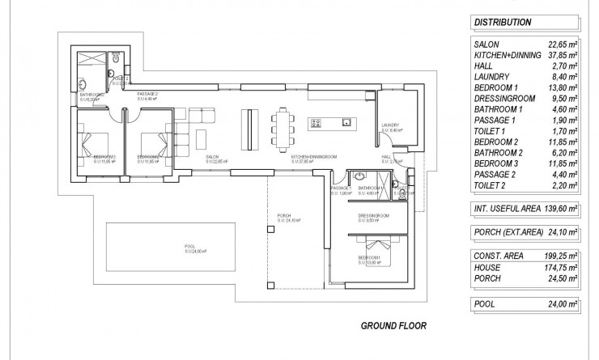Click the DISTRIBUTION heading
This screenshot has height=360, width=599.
click(503, 23)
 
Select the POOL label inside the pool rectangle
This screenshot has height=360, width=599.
click(189, 246)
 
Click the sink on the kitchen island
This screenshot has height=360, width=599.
click(346, 123)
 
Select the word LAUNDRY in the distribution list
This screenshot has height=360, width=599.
click(493, 76)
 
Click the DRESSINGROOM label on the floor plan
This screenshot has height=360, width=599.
click(374, 216)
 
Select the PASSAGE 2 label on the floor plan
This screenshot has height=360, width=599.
click(147, 95)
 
